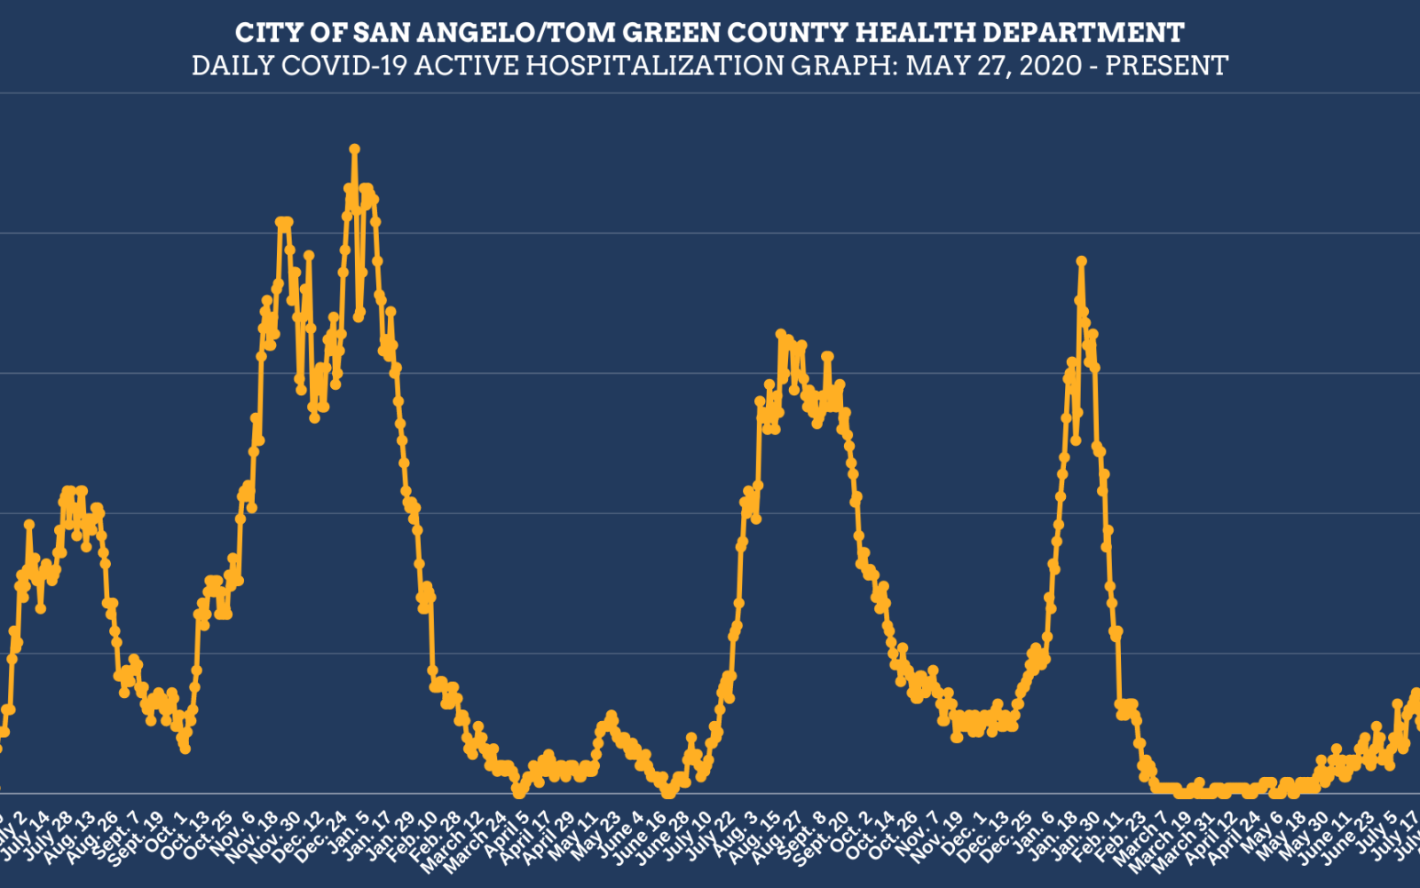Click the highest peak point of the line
click(x=354, y=149)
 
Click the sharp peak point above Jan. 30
click(x=1081, y=261)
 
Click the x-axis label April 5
click(x=510, y=836)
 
